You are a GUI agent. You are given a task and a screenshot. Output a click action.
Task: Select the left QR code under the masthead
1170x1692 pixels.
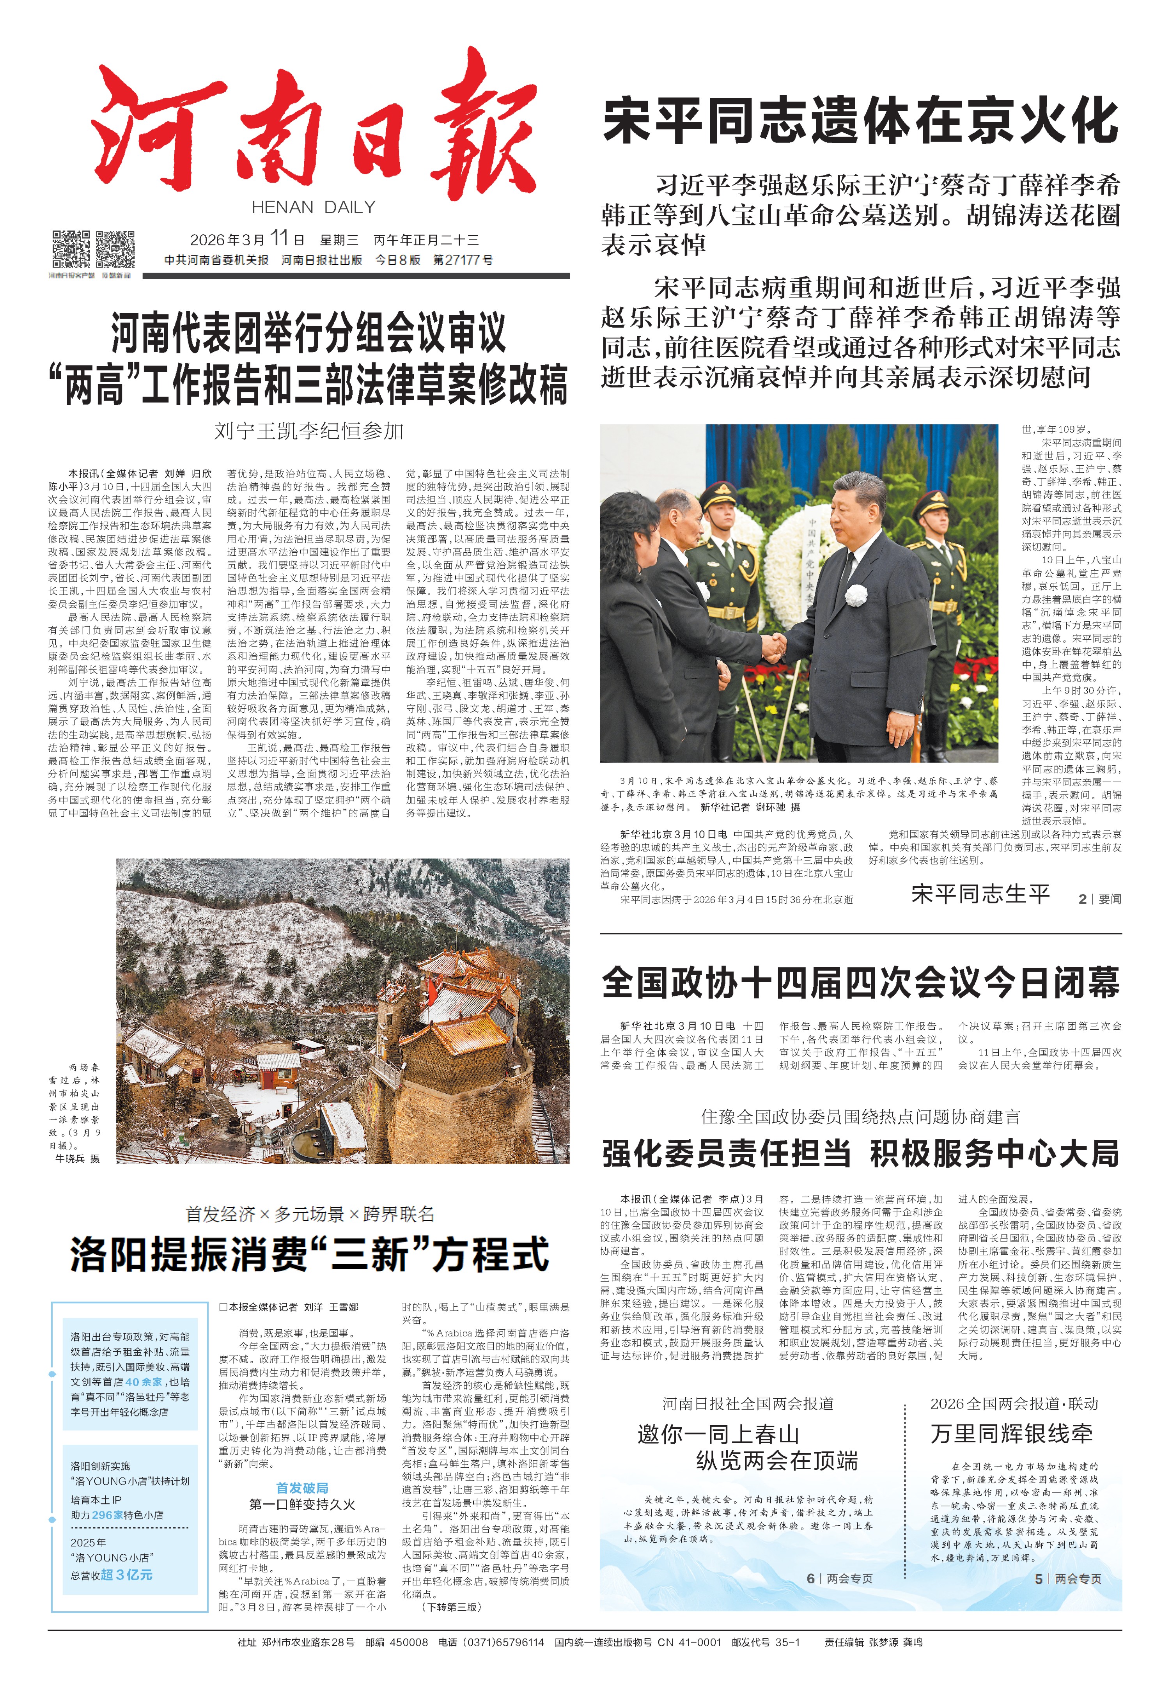click(71, 249)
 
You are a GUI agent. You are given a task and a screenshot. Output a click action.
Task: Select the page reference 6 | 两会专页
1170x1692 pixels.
click(839, 1578)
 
